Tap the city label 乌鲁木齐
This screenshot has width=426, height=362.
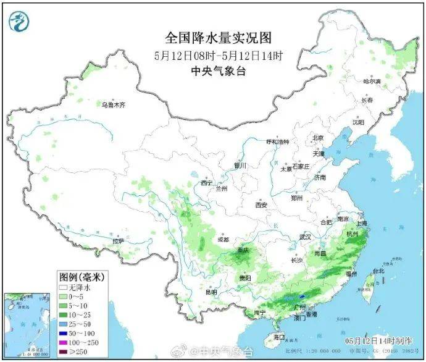click(114, 105)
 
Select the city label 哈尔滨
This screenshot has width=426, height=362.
click(372, 82)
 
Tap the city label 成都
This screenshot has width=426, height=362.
click(223, 239)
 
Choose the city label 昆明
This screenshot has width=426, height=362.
click(212, 292)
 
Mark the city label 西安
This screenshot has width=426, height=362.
click(261, 204)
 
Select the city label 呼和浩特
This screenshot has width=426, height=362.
click(278, 141)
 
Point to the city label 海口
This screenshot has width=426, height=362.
click(279, 337)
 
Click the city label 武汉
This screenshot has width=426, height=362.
click(305, 237)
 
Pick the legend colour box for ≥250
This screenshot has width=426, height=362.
click(63, 353)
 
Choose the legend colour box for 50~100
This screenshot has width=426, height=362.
click(63, 334)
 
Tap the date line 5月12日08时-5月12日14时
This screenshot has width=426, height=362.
click(219, 56)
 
